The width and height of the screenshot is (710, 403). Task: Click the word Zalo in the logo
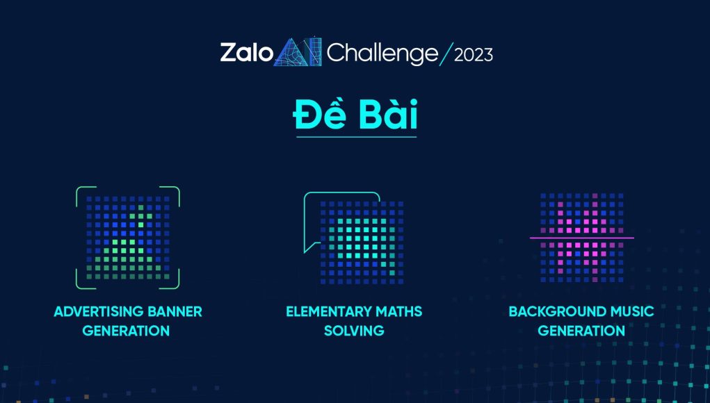click(x=247, y=53)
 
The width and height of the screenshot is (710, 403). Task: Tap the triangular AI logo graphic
click(x=298, y=52)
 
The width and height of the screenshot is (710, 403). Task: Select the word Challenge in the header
click(x=382, y=54)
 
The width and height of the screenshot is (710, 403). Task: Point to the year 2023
click(x=473, y=55)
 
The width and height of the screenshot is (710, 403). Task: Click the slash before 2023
click(x=446, y=54)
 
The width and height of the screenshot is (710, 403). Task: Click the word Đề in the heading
click(x=319, y=115)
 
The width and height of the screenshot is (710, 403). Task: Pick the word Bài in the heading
click(x=387, y=115)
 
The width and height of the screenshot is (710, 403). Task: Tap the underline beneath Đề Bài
click(x=356, y=137)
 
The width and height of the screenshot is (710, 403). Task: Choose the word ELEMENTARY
click(x=323, y=312)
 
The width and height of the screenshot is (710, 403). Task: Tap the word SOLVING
click(x=354, y=331)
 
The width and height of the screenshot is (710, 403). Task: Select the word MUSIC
click(x=632, y=312)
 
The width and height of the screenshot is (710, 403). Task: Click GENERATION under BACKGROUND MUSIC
click(x=581, y=331)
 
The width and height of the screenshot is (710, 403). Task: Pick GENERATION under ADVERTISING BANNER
click(x=126, y=331)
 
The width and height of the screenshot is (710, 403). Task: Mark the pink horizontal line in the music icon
click(x=582, y=238)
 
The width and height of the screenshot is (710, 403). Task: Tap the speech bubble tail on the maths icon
click(x=311, y=247)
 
